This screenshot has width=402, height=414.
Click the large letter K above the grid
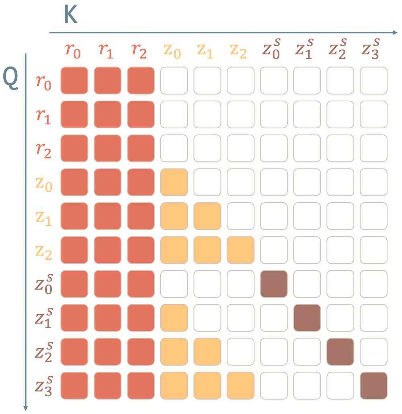coord(71,14)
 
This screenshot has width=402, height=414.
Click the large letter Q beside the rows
coord(10,78)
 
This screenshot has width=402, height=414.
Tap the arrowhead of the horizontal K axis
coord(395,33)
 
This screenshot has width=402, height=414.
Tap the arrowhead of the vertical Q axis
coord(26,408)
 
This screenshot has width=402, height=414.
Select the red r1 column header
coord(106,51)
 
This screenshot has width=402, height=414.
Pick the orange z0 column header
coord(172,51)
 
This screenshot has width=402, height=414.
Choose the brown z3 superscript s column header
coord(371,49)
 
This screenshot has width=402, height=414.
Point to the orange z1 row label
coord(44,218)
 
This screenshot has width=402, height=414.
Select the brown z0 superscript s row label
coord(44,284)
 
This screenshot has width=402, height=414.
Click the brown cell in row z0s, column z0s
coord(274,284)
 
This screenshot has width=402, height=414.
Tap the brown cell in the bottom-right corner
coord(373,385)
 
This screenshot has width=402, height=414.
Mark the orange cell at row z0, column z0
coord(174,182)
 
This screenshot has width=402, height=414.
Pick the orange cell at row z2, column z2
coord(240,250)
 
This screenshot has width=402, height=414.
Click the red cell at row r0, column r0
coord(74,80)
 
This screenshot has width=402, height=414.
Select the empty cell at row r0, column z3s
coord(373,80)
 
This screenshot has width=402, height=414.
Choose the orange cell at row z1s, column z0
coord(174,317)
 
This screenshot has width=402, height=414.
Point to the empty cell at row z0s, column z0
coord(174,284)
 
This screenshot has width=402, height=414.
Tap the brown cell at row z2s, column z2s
coord(340,352)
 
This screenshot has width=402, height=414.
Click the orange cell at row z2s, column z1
coord(207,352)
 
